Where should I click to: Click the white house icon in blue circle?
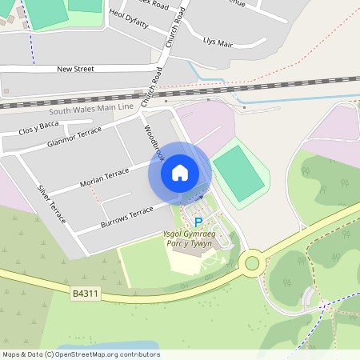179,172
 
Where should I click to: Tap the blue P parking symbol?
198,222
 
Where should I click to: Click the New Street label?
75,69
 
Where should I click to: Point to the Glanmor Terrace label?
74,137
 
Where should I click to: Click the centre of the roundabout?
254,262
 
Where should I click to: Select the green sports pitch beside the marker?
239,173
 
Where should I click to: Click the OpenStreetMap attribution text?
80,354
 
